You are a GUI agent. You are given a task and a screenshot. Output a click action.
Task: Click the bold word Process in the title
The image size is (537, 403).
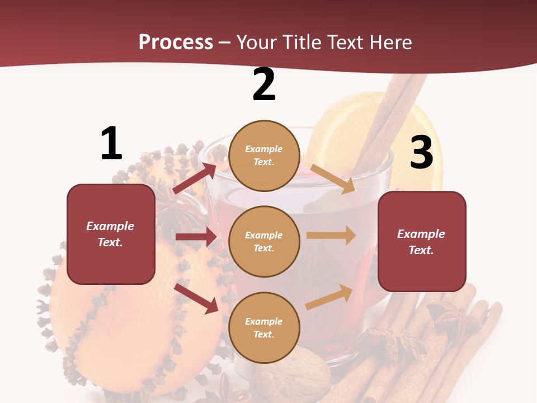(176, 42)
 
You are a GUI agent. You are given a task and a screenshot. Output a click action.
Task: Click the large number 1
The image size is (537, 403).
(111, 144)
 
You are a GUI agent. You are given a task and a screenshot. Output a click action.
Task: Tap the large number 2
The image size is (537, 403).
(264, 85)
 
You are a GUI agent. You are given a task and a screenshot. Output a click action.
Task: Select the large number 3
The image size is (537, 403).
(421, 153)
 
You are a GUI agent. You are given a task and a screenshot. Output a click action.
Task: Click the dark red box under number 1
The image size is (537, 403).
(111, 234)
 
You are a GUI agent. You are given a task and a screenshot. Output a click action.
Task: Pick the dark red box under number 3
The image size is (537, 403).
(422, 242)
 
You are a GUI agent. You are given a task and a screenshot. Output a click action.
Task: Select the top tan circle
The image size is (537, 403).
(265, 156)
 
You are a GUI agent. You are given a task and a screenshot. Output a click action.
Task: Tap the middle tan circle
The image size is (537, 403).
(265, 242)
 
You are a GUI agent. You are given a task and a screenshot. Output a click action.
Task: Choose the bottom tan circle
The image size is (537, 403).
(265, 328)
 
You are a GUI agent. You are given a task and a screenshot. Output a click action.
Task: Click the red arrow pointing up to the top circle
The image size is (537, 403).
(195, 178)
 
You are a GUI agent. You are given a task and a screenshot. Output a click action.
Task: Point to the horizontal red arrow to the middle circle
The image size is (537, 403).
(196, 237)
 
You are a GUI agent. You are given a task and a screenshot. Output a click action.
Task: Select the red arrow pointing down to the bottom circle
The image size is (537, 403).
(196, 298)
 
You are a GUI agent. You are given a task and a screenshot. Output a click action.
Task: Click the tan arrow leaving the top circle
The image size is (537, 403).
(333, 179)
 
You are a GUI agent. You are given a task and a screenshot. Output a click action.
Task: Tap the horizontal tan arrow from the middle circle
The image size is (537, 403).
(331, 235)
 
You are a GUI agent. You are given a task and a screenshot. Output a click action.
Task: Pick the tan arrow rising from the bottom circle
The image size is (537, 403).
(329, 297)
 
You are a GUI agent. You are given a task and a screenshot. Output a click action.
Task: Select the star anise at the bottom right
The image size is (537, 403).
(453, 319)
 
